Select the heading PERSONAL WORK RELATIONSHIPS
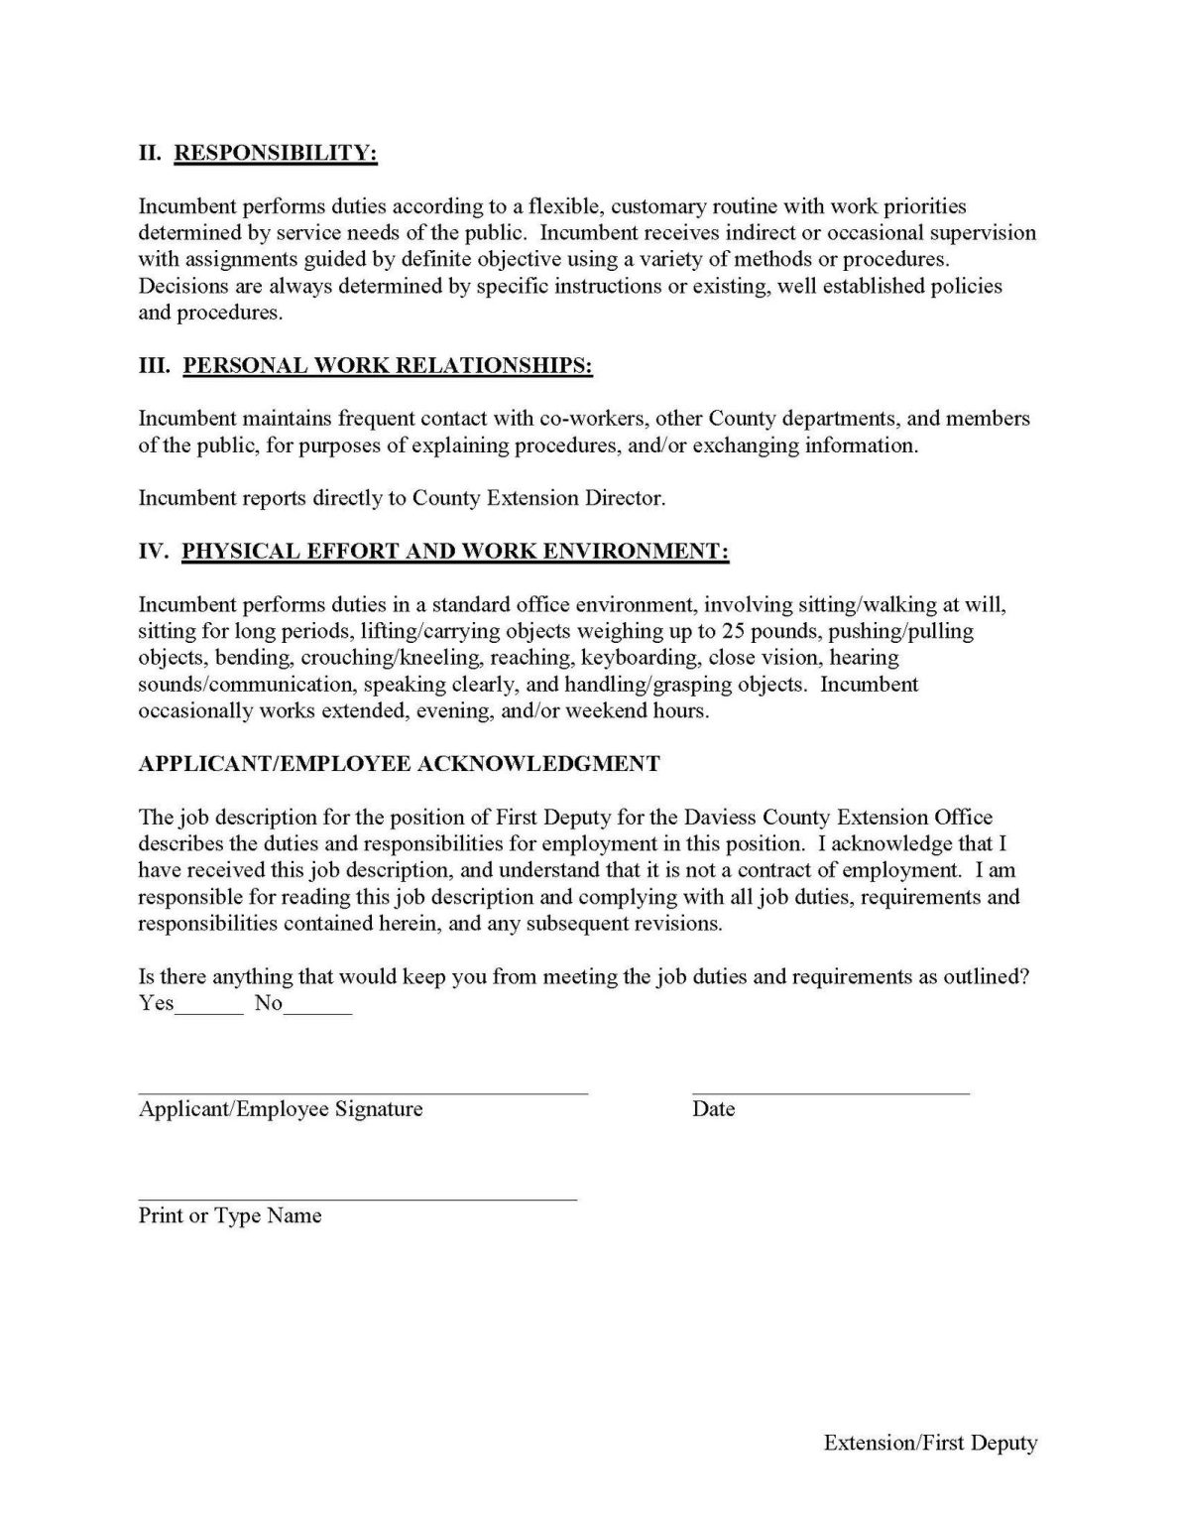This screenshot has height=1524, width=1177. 388,365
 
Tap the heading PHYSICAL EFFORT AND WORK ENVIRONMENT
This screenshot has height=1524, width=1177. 455,551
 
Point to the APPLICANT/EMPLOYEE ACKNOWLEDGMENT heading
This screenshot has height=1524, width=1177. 399,763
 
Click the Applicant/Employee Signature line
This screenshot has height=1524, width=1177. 363,1091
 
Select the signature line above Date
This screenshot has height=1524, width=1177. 830,1091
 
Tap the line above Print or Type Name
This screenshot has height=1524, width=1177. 357,1199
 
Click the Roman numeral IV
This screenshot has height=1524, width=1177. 154,551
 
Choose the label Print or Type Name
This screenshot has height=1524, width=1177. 230,1215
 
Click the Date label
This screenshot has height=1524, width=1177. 713,1109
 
